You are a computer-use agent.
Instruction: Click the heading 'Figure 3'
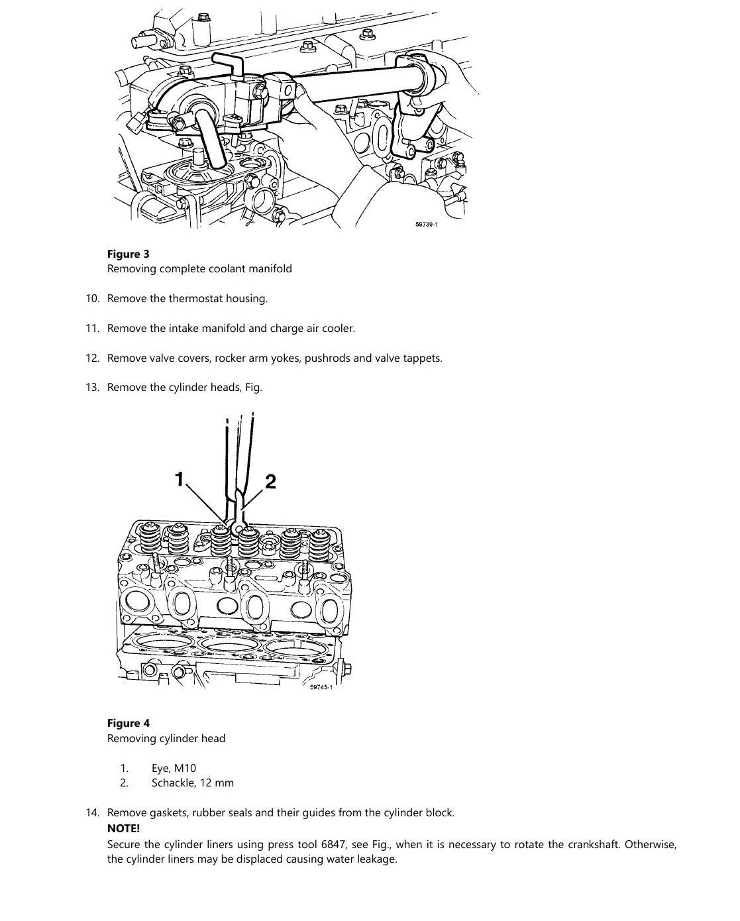pyautogui.click(x=128, y=254)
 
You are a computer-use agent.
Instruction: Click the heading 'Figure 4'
pyautogui.click(x=128, y=723)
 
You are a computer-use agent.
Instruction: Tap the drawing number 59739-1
pyautogui.click(x=426, y=224)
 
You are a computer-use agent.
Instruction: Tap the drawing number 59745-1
pyautogui.click(x=321, y=687)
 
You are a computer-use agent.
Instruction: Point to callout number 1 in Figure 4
pyautogui.click(x=180, y=479)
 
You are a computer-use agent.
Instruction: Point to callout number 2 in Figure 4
pyautogui.click(x=270, y=482)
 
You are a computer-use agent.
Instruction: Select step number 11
pyautogui.click(x=93, y=328)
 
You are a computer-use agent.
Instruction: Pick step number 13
pyautogui.click(x=93, y=388)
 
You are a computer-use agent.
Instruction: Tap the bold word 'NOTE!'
pyautogui.click(x=123, y=828)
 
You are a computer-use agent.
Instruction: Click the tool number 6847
pyautogui.click(x=333, y=844)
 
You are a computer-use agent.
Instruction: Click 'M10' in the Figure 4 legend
pyautogui.click(x=185, y=768)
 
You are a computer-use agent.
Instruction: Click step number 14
pyautogui.click(x=93, y=812)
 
